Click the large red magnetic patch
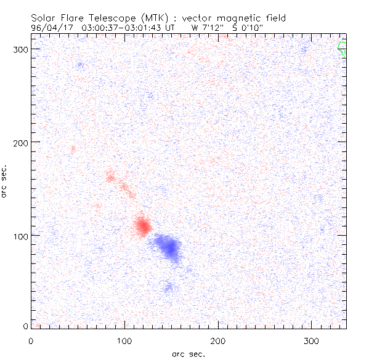tap(142, 226)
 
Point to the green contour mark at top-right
tap(342, 49)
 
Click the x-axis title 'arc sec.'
tap(188, 353)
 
